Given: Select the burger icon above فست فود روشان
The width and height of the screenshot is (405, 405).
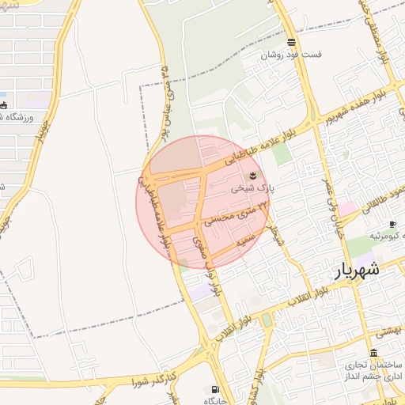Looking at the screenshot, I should [292, 43].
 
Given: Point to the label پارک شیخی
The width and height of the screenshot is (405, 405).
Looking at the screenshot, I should [252, 189].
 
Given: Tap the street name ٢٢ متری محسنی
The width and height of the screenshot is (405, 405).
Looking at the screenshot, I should [237, 213].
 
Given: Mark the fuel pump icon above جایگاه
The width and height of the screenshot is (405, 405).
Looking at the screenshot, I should [214, 389].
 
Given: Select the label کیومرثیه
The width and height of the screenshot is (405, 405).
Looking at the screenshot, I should [384, 237].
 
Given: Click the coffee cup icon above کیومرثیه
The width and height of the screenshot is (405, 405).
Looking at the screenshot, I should [392, 225].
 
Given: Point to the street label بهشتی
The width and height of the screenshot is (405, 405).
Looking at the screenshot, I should [388, 334].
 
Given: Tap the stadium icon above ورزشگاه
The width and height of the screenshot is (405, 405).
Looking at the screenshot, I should [4, 104].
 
